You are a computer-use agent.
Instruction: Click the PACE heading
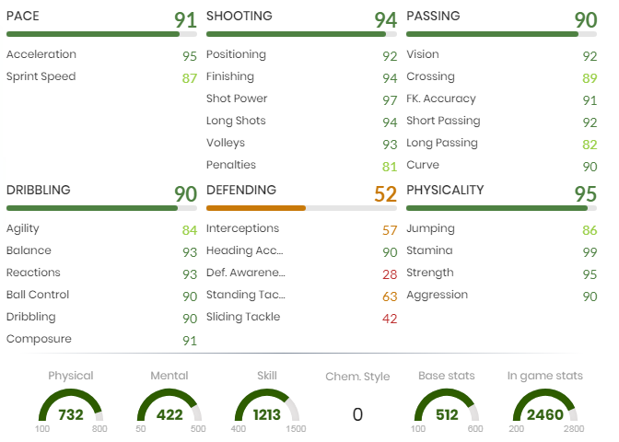pos(23,17)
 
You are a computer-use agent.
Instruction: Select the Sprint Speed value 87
pos(189,77)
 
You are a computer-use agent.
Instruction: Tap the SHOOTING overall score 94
pos(385,20)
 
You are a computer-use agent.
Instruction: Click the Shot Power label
pos(237,99)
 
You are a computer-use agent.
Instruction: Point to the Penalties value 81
pos(389,166)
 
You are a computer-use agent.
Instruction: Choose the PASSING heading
pos(433,17)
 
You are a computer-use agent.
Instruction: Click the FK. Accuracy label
pos(441,99)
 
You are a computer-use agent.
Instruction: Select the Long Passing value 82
pos(590,144)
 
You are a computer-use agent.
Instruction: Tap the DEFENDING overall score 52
pos(385,194)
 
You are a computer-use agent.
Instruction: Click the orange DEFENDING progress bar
pos(255,208)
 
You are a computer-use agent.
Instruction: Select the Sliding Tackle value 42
pos(389,318)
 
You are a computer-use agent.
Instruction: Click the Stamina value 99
pos(590,251)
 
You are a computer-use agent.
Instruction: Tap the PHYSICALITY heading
pos(445,191)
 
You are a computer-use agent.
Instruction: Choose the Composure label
pos(39,339)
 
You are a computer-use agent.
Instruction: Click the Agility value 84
pos(189,229)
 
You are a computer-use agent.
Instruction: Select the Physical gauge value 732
pos(71,414)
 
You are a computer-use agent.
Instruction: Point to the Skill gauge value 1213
pos(267,414)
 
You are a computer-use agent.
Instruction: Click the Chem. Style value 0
pos(357,414)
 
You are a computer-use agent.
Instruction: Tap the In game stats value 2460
pos(544,414)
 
